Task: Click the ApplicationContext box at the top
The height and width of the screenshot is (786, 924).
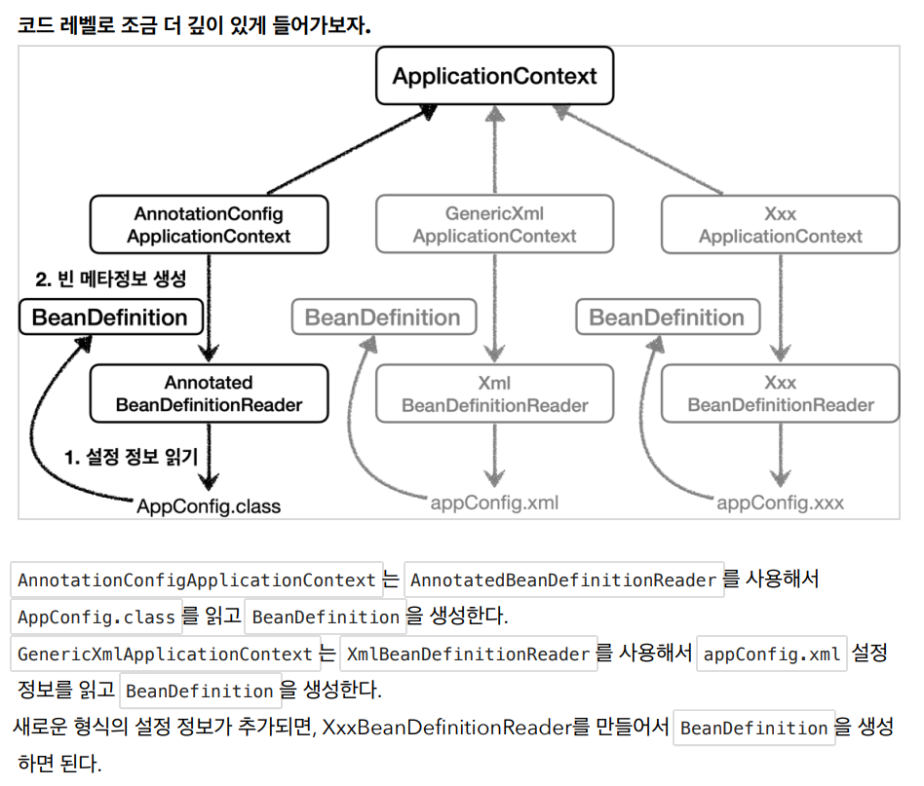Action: (494, 76)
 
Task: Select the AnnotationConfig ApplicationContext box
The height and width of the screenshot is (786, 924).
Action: (209, 224)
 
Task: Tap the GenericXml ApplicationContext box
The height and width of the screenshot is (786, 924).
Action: (494, 224)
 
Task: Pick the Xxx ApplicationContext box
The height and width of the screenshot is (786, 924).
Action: (780, 224)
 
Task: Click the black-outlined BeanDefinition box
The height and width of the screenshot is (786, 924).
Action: (111, 317)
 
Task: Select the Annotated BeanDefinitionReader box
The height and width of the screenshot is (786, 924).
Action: (209, 393)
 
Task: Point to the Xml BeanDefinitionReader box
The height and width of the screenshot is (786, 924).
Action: (494, 393)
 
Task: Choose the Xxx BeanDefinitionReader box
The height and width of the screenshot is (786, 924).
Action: (780, 393)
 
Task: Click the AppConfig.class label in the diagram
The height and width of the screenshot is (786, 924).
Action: (209, 505)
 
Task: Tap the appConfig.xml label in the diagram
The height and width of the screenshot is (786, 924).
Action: (494, 503)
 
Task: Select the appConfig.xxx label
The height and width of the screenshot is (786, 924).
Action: (780, 503)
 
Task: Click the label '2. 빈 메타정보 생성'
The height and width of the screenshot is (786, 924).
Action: (111, 279)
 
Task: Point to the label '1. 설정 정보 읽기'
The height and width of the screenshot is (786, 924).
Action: (131, 456)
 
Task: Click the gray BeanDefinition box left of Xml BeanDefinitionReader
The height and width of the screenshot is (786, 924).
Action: (384, 317)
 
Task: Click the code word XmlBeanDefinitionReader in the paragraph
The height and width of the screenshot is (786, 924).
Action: (469, 654)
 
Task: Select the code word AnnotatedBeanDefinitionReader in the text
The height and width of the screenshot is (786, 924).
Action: (563, 580)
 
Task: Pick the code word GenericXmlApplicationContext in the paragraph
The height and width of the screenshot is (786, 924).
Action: (165, 654)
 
